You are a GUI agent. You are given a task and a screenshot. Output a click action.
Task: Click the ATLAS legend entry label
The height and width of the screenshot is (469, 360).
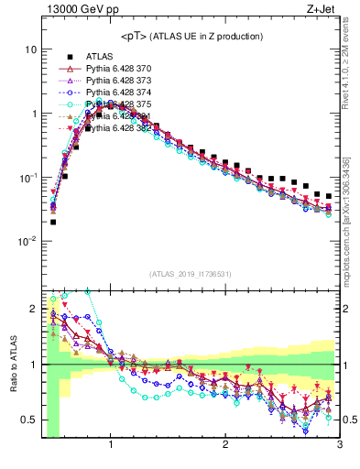[100, 55]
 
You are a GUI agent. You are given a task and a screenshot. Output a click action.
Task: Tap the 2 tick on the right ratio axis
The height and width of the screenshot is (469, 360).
[346, 310]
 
